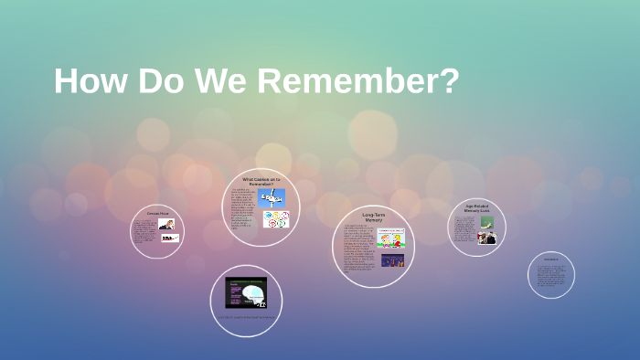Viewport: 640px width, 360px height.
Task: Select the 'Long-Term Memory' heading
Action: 373,217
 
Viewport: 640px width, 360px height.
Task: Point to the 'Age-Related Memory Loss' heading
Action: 477,208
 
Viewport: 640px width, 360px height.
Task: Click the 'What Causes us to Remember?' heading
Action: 261,181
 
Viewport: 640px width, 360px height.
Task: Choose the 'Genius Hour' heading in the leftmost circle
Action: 157,213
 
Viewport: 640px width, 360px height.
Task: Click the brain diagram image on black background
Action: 246,292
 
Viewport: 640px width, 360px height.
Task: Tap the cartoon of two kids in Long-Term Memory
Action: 390,238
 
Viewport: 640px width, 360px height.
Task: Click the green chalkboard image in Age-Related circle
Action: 487,222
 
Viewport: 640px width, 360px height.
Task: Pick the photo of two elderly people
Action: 486,238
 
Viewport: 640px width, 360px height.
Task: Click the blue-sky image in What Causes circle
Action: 272,198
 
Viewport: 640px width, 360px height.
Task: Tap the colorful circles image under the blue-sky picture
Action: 275,219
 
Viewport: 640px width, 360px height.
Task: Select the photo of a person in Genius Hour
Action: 166,224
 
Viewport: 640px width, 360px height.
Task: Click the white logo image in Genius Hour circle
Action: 170,238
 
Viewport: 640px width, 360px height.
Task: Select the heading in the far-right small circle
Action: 551,259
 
